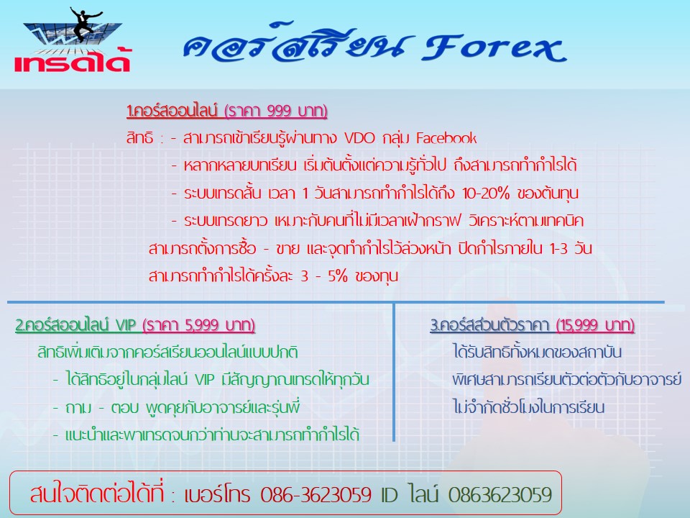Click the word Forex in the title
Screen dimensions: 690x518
[494, 47]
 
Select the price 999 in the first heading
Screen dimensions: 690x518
[278, 111]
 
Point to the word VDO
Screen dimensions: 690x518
[359, 138]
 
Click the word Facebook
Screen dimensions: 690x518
[446, 138]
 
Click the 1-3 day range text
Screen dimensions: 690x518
[559, 248]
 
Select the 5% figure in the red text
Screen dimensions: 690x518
[338, 276]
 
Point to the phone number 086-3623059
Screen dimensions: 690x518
[316, 495]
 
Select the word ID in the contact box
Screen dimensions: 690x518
[389, 495]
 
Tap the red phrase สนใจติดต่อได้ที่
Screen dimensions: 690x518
[96, 493]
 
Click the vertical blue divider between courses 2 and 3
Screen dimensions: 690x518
[394, 372]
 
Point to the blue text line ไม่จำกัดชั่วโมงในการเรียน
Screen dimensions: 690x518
[528, 407]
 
